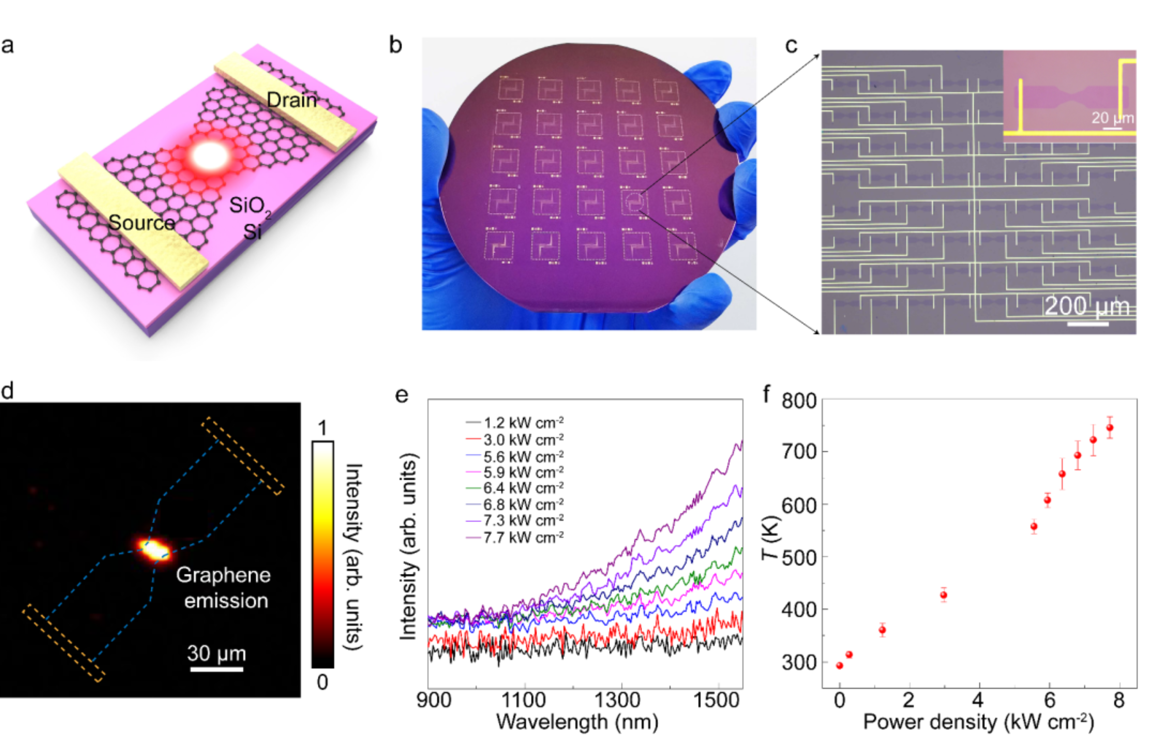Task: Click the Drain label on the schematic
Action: [292, 100]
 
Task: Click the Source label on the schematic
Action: [142, 222]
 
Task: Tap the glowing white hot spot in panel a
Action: [210, 156]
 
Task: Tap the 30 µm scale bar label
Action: [216, 653]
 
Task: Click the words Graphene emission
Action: [224, 588]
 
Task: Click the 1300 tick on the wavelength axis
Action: [617, 700]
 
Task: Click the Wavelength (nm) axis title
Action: [577, 722]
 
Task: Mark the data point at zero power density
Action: [840, 665]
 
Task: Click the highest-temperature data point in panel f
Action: [1109, 427]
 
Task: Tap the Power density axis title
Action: [978, 722]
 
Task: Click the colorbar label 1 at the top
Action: [322, 427]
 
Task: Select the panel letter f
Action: [767, 394]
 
